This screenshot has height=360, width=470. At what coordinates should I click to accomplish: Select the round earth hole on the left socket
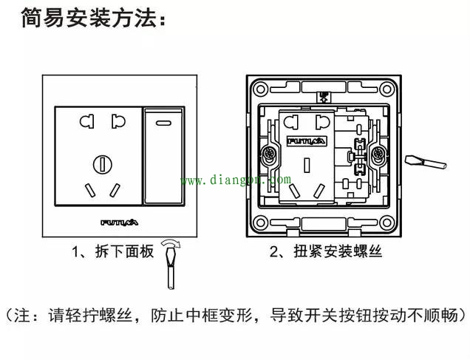coord(99,163)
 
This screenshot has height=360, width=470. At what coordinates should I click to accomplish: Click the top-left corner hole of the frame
coord(259,89)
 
